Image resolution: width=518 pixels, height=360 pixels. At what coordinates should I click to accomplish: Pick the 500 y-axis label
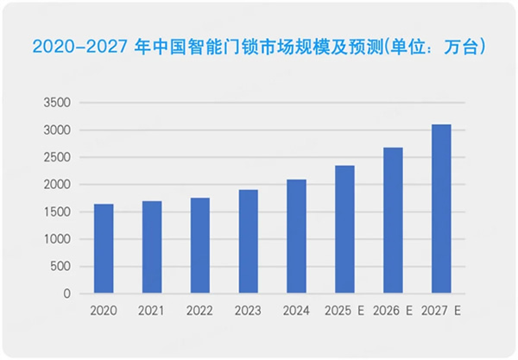tap(60, 266)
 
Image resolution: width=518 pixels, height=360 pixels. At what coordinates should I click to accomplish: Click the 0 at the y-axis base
tap(66, 294)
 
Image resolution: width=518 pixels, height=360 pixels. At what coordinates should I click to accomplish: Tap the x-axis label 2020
tap(104, 309)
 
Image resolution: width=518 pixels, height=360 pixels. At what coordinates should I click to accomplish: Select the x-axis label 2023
tap(248, 309)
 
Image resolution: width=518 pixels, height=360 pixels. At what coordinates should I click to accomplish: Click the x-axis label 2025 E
tap(345, 309)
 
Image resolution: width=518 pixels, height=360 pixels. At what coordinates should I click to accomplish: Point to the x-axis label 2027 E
tap(442, 309)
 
